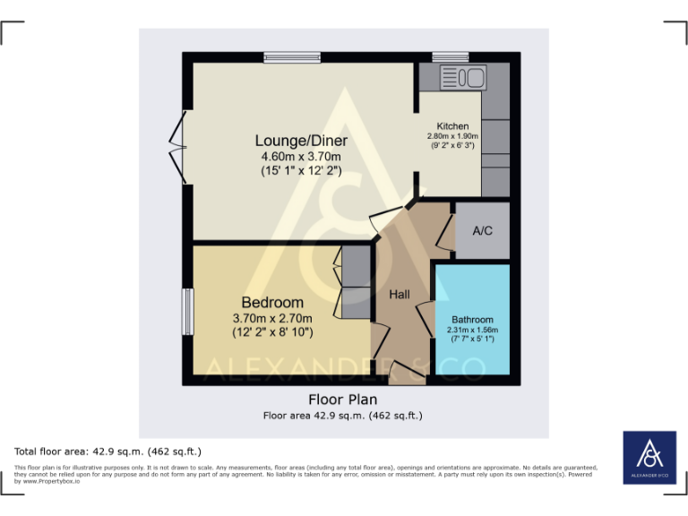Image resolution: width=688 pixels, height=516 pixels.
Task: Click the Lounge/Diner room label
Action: click(301, 141)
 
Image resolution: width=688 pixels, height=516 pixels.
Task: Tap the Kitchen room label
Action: click(452, 126)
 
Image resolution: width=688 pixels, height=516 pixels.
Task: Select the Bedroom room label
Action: click(272, 303)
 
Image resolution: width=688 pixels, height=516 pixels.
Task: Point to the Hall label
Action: click(399, 294)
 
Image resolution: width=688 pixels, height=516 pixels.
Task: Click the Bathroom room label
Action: click(472, 319)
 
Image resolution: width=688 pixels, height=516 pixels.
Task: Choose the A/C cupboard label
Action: click(482, 230)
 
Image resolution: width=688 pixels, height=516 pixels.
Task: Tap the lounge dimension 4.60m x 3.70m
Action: click(301, 157)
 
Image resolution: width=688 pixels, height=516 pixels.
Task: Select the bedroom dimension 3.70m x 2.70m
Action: click(272, 318)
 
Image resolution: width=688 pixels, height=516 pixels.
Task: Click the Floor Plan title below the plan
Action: click(342, 400)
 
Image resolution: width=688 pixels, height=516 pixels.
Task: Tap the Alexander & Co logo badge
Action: click(650, 459)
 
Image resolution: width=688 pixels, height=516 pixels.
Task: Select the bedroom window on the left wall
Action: click(188, 312)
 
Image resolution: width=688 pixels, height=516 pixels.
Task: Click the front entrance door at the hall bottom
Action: click(408, 372)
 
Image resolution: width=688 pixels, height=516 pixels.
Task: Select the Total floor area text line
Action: click(107, 451)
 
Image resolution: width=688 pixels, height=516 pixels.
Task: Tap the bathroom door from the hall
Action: click(425, 321)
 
